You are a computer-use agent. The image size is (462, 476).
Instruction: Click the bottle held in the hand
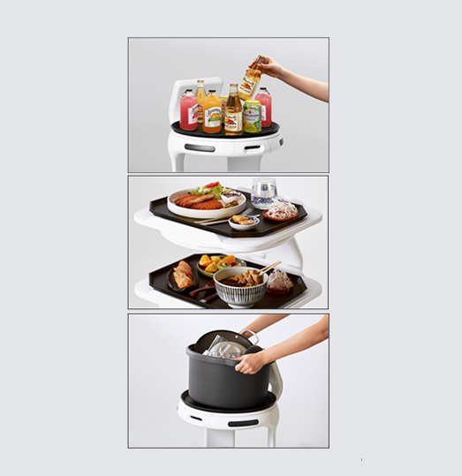[251, 79]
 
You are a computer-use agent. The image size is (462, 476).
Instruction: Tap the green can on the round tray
[253, 116]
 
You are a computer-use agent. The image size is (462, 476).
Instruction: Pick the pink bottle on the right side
[263, 107]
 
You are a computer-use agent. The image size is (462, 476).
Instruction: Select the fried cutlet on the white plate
[198, 201]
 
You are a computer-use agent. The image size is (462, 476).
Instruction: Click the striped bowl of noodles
[241, 286]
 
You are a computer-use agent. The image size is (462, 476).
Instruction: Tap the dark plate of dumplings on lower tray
[184, 277]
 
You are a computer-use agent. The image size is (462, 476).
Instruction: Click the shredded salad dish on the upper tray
[282, 211]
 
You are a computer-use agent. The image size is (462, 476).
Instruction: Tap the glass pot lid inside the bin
[226, 348]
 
